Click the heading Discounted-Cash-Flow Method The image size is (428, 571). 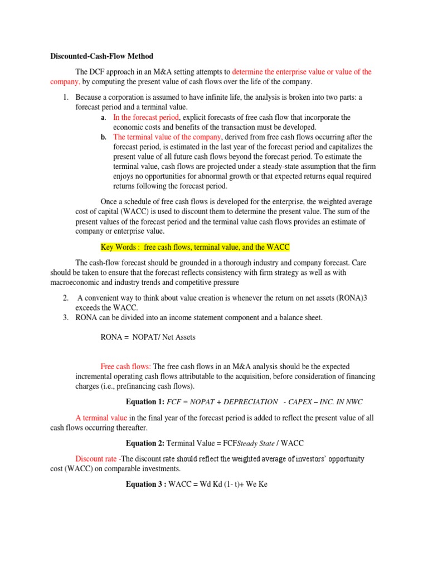(101, 56)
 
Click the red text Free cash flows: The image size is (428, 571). (125, 366)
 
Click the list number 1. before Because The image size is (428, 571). (65, 97)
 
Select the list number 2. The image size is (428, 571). (65, 298)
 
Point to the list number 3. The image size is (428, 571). (65, 318)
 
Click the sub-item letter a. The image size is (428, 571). (103, 118)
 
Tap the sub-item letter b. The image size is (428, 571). (103, 137)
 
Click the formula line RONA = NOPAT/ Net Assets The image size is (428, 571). (148, 337)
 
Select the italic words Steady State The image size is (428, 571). (256, 443)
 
